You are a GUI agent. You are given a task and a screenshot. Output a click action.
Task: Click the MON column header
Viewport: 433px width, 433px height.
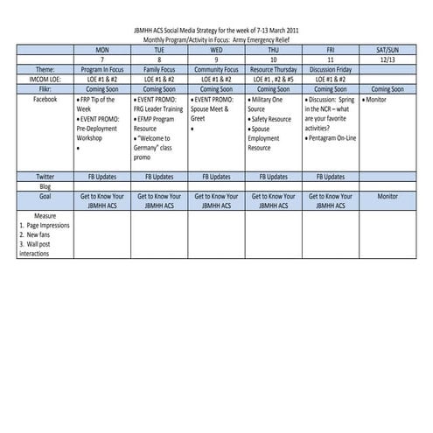(x=102, y=49)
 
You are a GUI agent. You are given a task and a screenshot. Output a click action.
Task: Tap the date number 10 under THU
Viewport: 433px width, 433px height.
(x=274, y=59)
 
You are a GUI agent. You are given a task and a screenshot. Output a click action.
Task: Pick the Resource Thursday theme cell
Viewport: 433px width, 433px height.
(x=274, y=68)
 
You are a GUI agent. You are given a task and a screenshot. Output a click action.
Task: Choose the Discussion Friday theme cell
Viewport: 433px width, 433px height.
(x=331, y=68)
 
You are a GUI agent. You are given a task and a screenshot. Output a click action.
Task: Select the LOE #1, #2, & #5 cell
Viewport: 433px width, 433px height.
(x=274, y=78)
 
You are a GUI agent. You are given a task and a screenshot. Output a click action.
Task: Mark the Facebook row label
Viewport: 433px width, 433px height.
(x=45, y=99)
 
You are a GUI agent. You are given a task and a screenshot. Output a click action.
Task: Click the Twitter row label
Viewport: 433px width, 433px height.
(x=45, y=177)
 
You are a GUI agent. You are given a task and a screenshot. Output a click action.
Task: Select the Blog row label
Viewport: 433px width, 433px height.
(x=45, y=186)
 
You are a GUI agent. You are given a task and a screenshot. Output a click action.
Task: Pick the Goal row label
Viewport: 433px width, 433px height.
(x=45, y=197)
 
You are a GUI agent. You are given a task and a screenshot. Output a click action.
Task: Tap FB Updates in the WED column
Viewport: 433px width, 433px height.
(x=216, y=177)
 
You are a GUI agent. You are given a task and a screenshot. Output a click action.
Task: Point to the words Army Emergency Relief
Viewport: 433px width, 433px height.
(x=263, y=40)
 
